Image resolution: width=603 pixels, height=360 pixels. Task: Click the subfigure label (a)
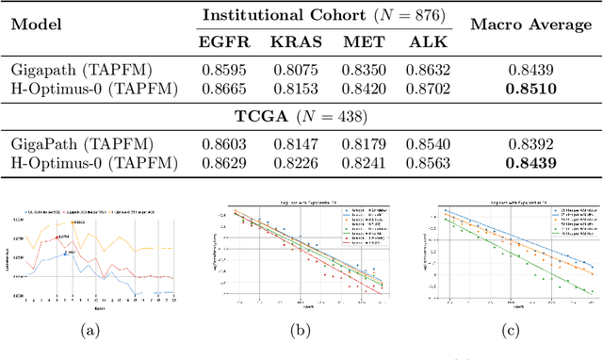91,331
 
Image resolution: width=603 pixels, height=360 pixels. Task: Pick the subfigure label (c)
511,331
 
